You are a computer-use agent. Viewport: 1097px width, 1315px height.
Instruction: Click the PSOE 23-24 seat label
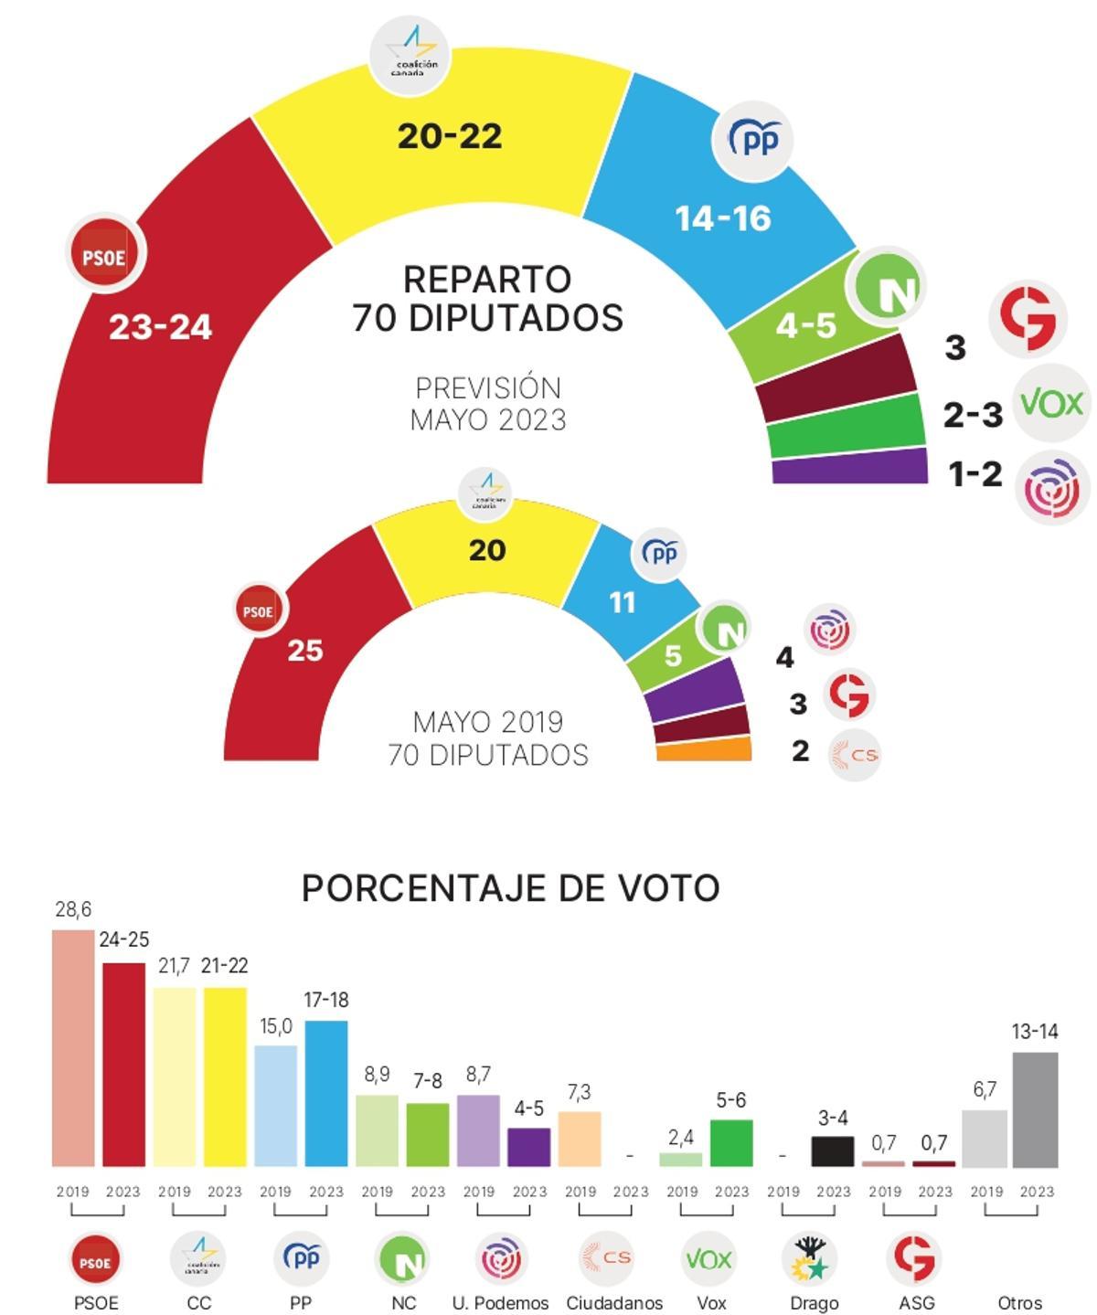160,326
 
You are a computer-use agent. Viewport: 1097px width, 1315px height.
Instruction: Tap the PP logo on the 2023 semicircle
752,140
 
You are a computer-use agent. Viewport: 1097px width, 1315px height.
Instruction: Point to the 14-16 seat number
723,218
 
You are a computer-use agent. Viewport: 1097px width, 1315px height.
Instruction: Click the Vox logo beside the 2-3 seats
1051,403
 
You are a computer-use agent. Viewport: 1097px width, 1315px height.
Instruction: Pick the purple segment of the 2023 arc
850,466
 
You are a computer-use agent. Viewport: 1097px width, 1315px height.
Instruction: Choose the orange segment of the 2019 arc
704,750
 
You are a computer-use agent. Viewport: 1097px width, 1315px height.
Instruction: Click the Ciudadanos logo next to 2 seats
854,755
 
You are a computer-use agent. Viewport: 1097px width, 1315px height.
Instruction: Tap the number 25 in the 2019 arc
305,651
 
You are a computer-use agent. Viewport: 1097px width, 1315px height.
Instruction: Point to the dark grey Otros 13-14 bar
1035,1109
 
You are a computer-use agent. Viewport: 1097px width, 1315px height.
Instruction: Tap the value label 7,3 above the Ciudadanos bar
579,1092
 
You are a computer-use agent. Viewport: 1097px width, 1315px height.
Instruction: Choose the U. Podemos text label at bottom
500,1303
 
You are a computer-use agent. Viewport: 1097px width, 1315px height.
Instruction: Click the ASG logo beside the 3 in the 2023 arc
1028,318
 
